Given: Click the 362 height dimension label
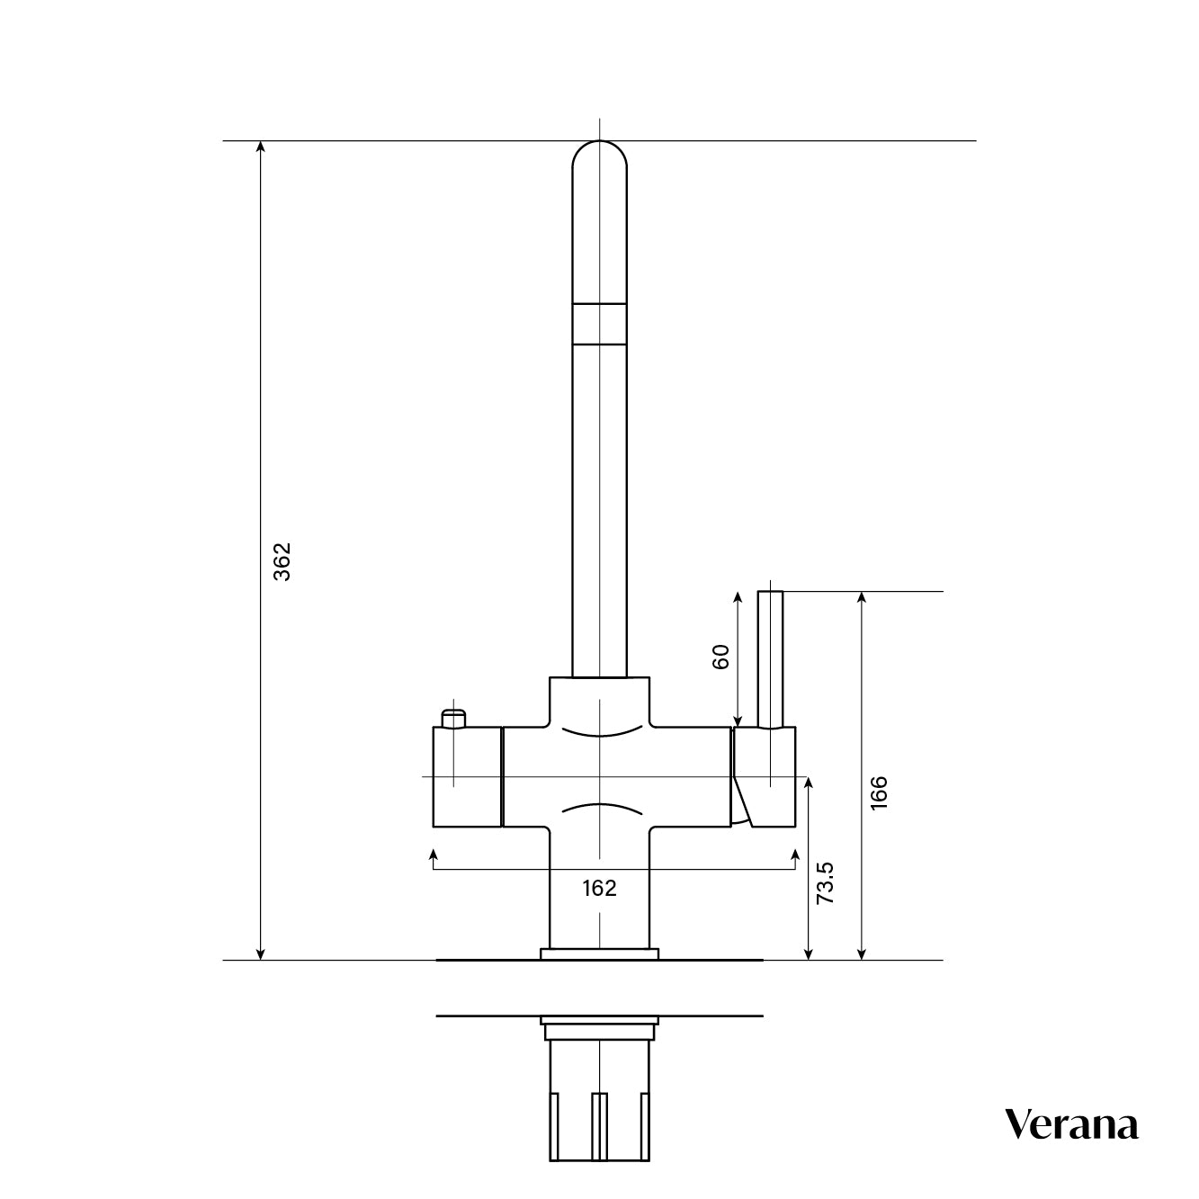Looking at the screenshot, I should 282,561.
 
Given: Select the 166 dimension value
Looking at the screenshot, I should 879,792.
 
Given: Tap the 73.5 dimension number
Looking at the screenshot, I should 826,883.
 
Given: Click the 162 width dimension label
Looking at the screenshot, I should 599,889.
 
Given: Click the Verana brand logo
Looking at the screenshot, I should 1070,1125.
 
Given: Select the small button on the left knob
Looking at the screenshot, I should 454,718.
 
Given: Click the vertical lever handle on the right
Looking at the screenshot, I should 771,657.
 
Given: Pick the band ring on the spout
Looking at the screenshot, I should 599,324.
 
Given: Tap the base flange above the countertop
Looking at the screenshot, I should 599,953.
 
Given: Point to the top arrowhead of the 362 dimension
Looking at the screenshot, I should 261,147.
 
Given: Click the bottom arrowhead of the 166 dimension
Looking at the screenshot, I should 862,954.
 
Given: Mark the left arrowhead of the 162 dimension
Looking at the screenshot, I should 434,854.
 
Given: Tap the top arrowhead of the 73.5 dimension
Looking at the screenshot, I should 810,782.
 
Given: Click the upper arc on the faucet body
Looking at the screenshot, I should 599,732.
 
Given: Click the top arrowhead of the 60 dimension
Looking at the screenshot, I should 738,597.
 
